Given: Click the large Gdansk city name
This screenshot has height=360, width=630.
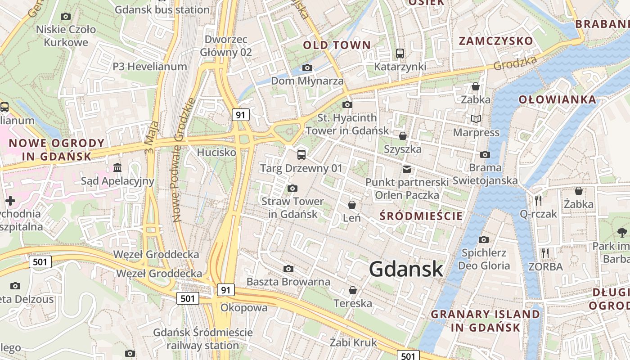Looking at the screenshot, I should (406, 269).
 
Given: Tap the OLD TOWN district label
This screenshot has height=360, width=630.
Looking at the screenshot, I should (337, 45).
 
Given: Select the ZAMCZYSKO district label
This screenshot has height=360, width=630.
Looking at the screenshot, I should (495, 41).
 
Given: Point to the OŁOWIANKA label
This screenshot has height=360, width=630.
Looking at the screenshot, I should (558, 99).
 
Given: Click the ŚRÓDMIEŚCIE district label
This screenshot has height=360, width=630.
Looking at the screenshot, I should (421, 216).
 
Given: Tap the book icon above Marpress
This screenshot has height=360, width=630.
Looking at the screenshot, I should (476, 119).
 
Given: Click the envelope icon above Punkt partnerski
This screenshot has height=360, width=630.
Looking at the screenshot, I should (407, 169).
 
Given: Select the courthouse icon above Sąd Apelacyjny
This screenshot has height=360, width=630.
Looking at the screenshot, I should (117, 168).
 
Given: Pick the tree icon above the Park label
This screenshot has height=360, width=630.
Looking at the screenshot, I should (622, 233).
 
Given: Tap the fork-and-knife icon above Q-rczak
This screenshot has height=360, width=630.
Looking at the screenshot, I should (538, 200).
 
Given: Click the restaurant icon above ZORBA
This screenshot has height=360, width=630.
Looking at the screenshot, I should (545, 253).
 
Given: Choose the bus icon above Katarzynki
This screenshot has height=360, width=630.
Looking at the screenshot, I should (400, 54).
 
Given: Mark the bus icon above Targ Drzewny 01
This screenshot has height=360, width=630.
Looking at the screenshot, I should (301, 155).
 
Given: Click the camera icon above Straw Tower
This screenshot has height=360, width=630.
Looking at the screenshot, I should (292, 188).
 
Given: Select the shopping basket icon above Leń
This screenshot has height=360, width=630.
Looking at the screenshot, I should (352, 205).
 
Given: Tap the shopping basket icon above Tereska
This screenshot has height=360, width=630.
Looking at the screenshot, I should (353, 290).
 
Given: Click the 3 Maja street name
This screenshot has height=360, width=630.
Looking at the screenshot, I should (152, 138).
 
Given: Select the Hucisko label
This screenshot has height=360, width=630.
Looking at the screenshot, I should (216, 153).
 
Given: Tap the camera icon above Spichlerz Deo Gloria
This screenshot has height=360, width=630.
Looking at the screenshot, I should (484, 239).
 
